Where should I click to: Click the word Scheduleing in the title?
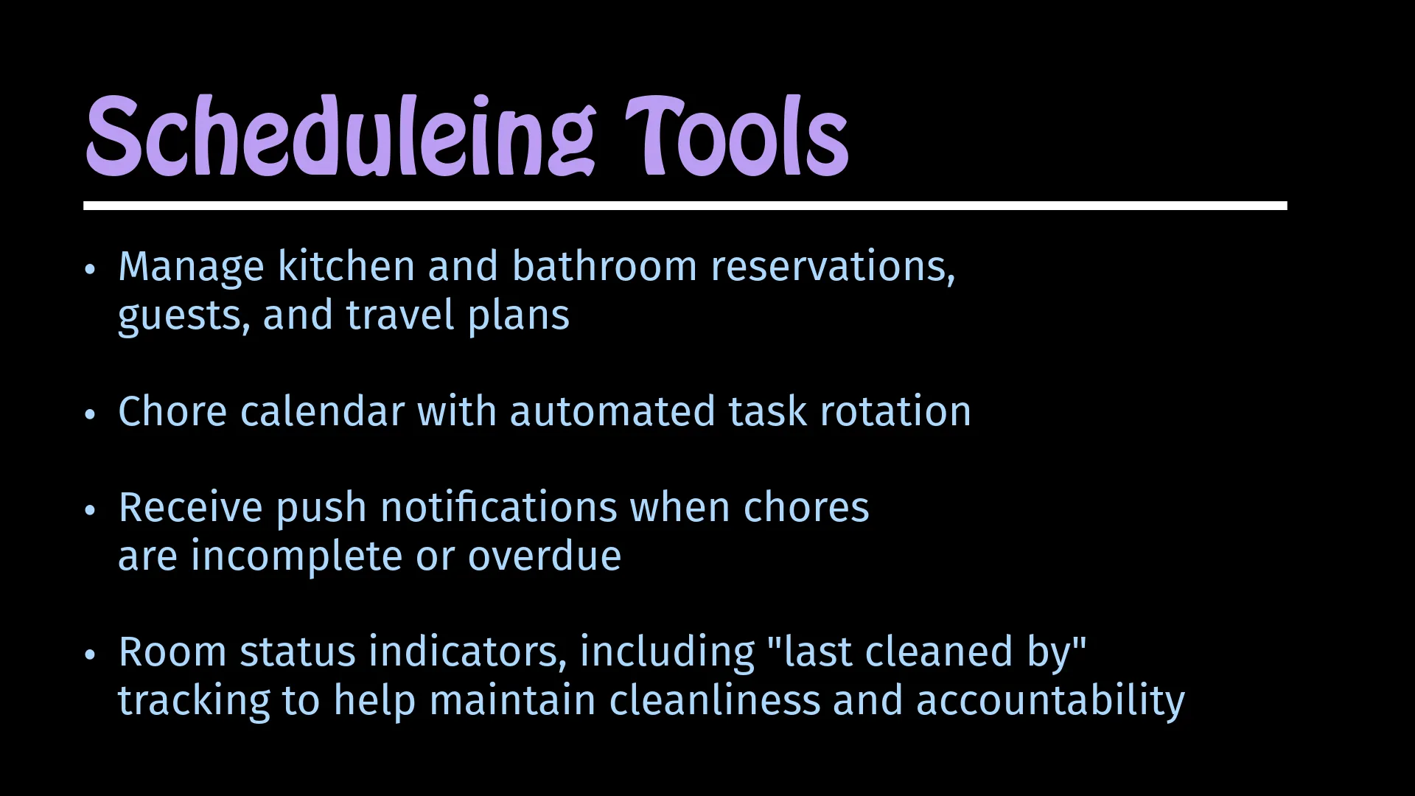[x=340, y=137]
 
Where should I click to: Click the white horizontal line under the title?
[x=685, y=206]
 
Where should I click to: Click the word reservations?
[x=833, y=267]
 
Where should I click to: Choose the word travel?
[x=400, y=315]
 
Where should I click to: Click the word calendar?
[x=322, y=411]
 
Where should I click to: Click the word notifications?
[x=499, y=507]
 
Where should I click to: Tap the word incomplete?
[x=297, y=556]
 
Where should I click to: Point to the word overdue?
[x=545, y=556]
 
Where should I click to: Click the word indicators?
[x=468, y=652]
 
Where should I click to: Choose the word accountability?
[x=1050, y=701]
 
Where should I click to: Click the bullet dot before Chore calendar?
[x=90, y=415]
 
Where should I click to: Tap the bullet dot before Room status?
[x=90, y=655]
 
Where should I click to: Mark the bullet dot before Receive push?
[x=90, y=511]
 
